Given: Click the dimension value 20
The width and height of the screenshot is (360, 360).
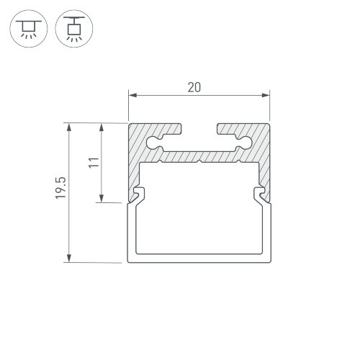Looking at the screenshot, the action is click(194, 87).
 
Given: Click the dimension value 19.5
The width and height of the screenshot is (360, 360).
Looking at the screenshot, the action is click(60, 188).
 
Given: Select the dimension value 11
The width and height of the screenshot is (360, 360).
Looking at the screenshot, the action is click(94, 163).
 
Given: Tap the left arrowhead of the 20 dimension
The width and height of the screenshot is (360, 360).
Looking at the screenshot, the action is click(132, 95).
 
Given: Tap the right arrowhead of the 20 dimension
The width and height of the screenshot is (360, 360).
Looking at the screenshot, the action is click(266, 95).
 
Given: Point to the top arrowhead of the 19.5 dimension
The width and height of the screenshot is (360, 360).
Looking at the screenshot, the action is click(69, 127).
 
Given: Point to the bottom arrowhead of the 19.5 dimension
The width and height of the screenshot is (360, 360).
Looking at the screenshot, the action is click(69, 258).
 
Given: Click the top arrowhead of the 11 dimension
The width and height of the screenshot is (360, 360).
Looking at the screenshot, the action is click(102, 127).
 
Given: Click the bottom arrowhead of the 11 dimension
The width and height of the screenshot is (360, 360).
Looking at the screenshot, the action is click(102, 198).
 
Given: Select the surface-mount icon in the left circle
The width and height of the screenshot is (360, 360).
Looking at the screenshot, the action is click(29, 29).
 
